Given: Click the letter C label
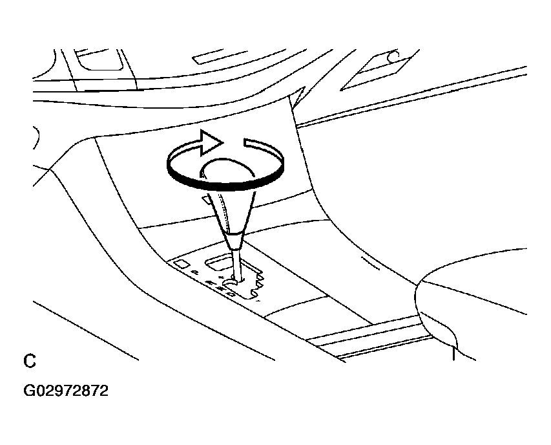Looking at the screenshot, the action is click(30, 361).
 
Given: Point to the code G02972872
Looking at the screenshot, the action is click(66, 391).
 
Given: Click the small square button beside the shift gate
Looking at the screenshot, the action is click(182, 264).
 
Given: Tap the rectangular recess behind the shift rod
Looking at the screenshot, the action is click(218, 263).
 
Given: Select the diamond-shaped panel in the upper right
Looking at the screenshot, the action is click(380, 70).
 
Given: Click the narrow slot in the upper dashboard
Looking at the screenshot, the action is click(220, 57).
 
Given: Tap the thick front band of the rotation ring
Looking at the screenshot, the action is click(225, 182).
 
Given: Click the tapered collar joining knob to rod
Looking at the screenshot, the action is click(234, 241).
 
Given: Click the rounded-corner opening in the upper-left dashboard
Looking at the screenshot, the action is click(99, 60).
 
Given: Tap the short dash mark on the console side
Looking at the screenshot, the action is click(370, 263).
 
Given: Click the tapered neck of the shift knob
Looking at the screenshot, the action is click(232, 211).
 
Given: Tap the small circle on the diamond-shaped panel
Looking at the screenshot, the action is click(394, 56).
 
